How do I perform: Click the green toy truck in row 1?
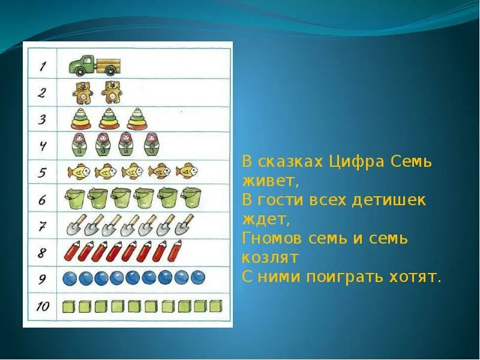click(x=94, y=65)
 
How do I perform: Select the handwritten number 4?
click(x=43, y=146)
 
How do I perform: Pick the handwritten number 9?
click(x=42, y=279)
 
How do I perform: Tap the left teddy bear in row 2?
click(x=83, y=92)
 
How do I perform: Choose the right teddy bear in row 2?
click(x=111, y=92)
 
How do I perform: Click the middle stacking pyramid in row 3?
click(x=109, y=118)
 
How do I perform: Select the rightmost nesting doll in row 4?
click(x=150, y=145)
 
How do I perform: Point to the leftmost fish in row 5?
click(x=79, y=172)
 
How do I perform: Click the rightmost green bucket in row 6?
click(x=191, y=198)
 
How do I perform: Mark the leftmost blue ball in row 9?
click(x=71, y=278)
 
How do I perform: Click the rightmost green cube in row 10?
click(x=216, y=307)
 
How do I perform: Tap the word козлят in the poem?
click(x=270, y=257)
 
